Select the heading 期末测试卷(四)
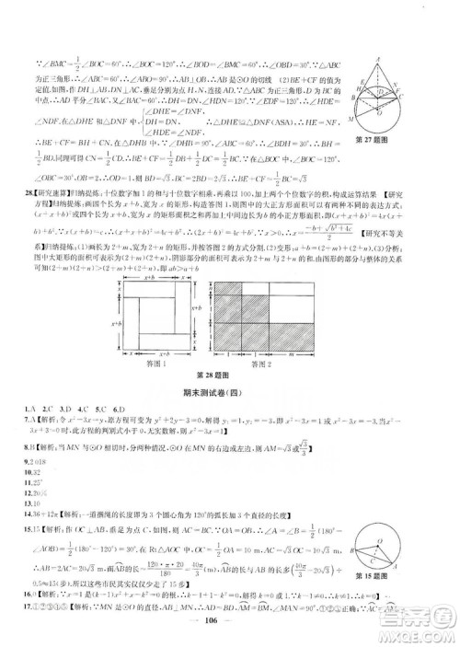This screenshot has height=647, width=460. pos(229,391)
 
